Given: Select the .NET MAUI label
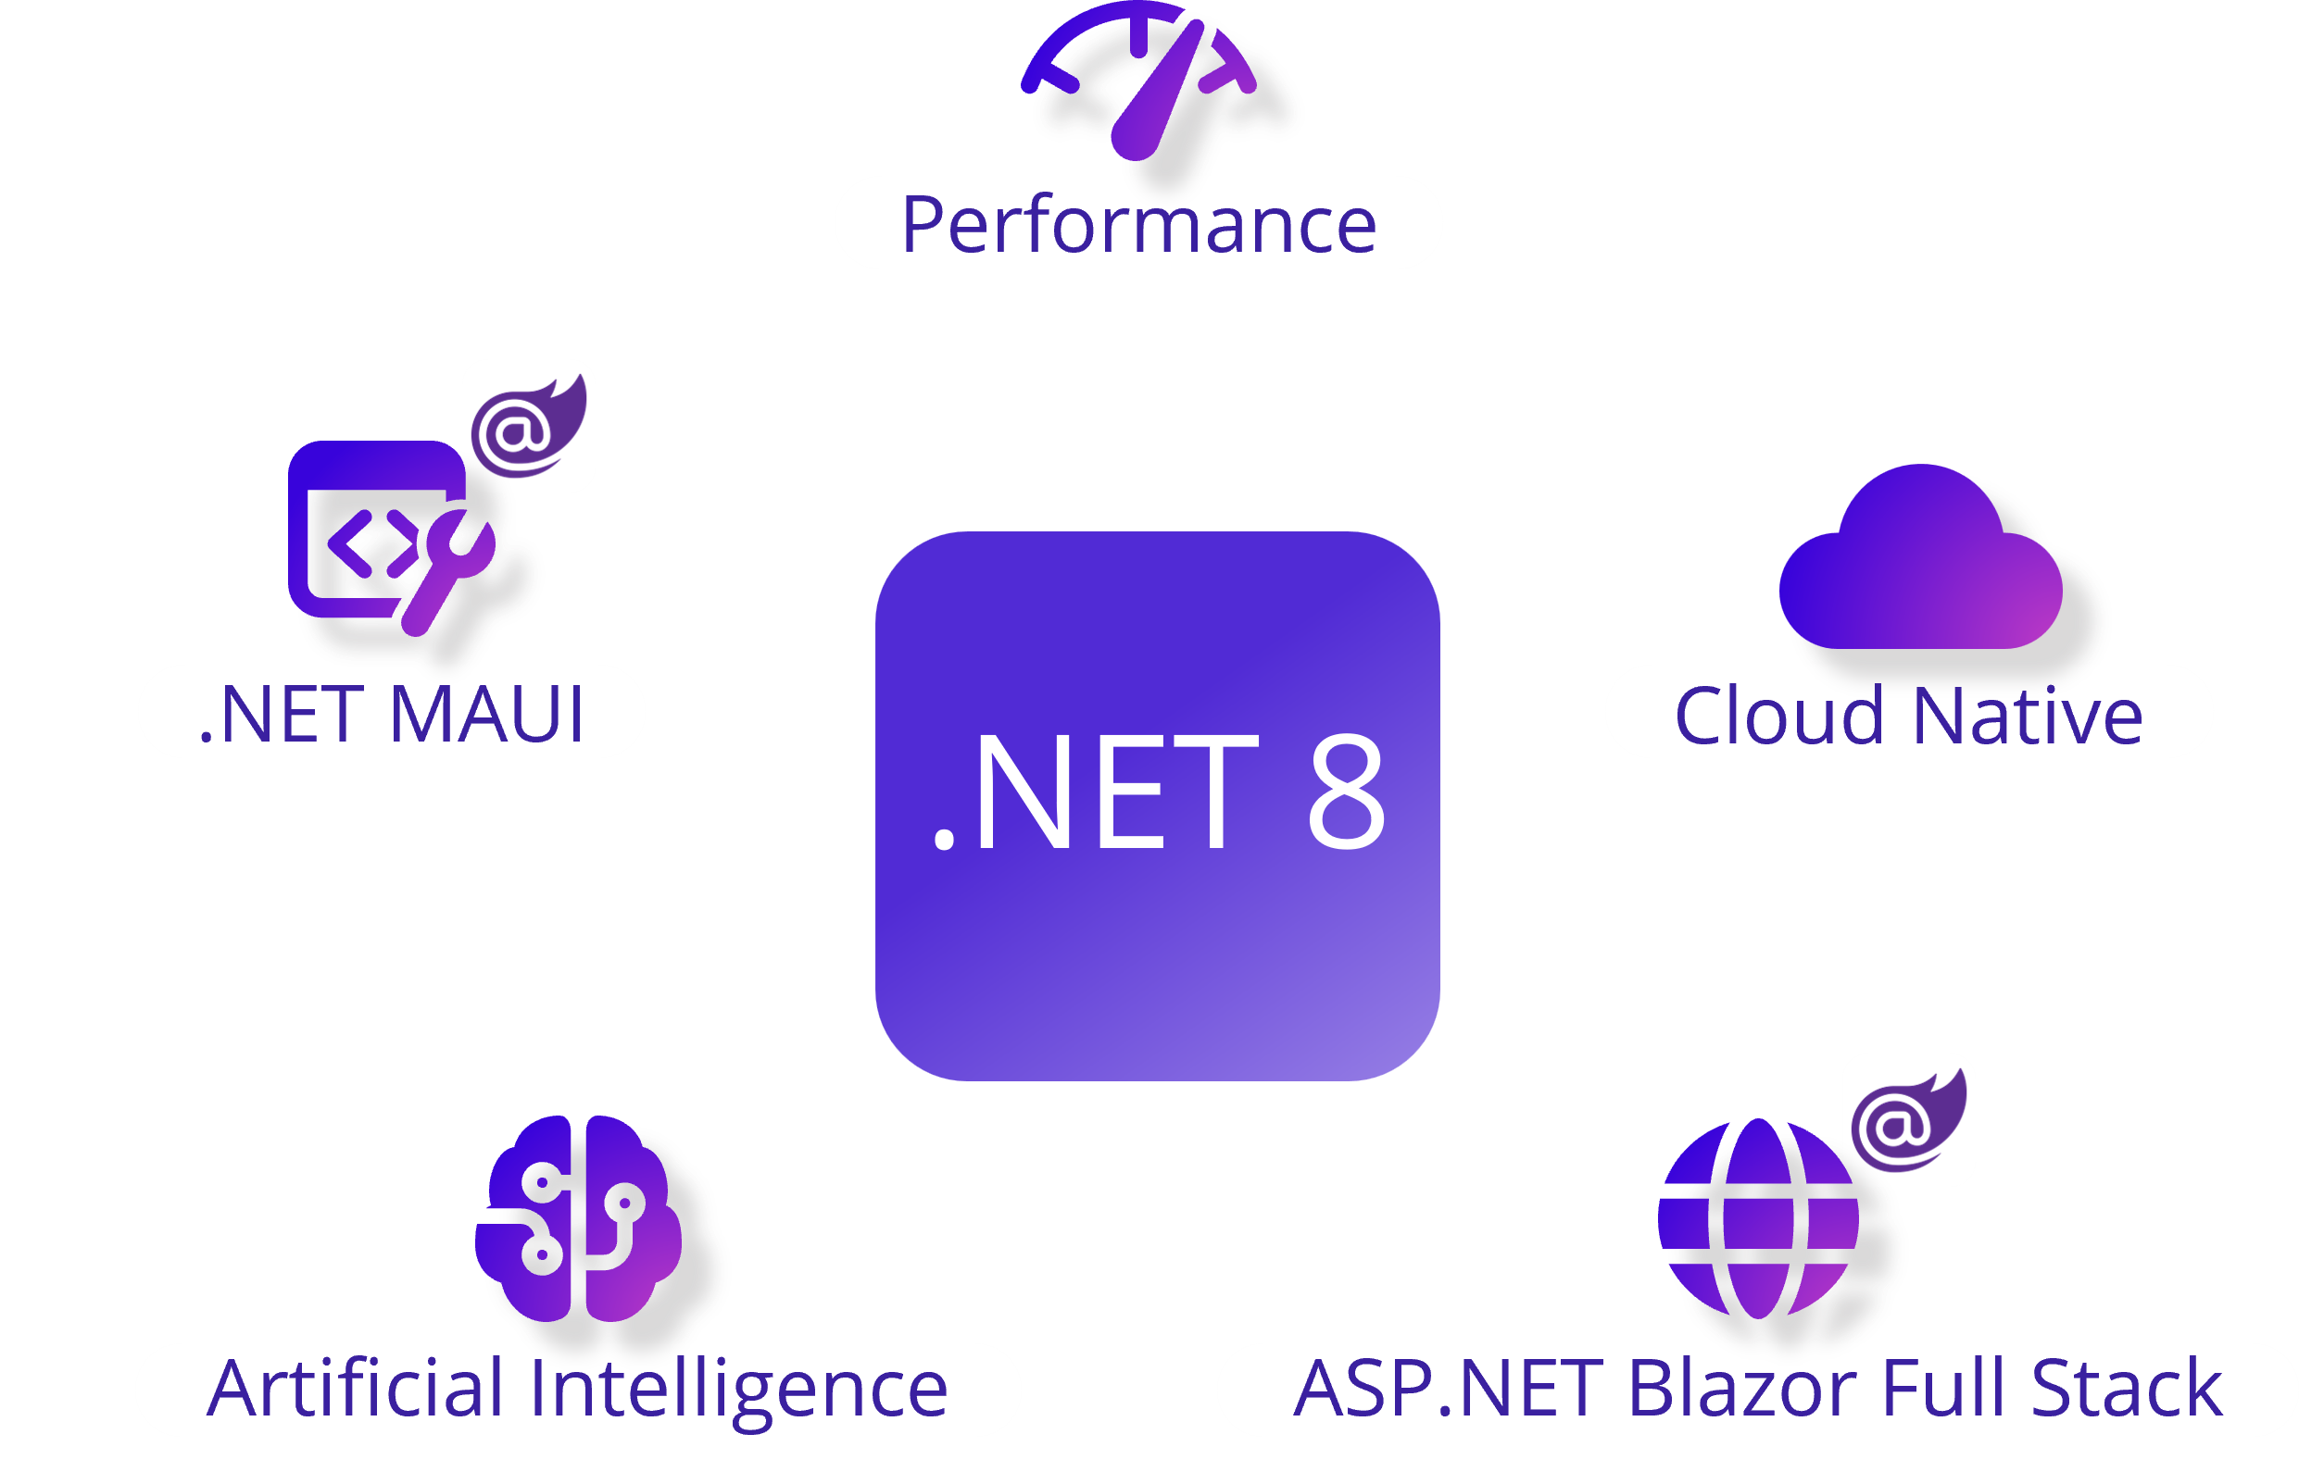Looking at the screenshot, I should [x=392, y=713].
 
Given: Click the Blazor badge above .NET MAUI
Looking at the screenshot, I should [x=528, y=426].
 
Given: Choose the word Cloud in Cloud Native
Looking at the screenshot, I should [x=1778, y=716].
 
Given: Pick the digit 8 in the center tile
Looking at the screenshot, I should [x=1346, y=792].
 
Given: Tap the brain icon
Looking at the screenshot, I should [x=578, y=1219].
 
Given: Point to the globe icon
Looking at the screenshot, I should [x=1758, y=1219].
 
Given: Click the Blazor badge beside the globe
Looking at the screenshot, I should [x=1909, y=1120].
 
